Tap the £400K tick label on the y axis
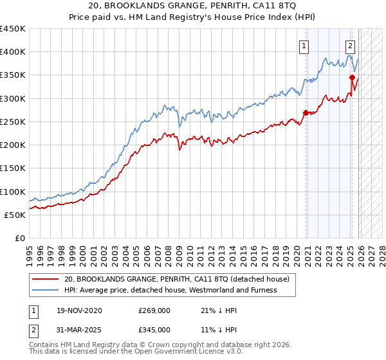pyautogui.click(x=13, y=52)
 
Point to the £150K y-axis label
pyautogui.click(x=13, y=168)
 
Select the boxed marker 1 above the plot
pyautogui.click(x=304, y=46)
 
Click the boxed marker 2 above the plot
pyautogui.click(x=350, y=46)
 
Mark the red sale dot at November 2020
pyautogui.click(x=306, y=113)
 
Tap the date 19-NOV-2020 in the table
pyautogui.click(x=78, y=310)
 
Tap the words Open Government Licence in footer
pyautogui.click(x=193, y=353)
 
